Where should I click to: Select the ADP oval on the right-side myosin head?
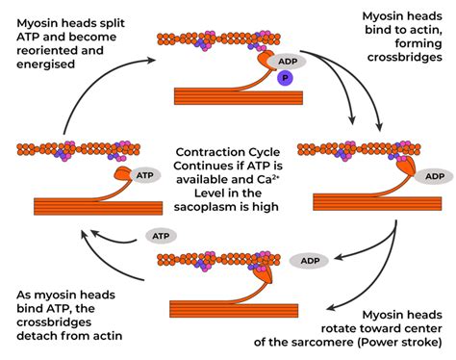435,176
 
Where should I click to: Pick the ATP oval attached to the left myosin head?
145,176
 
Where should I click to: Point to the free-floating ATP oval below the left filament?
161,235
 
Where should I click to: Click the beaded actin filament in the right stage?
363,149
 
